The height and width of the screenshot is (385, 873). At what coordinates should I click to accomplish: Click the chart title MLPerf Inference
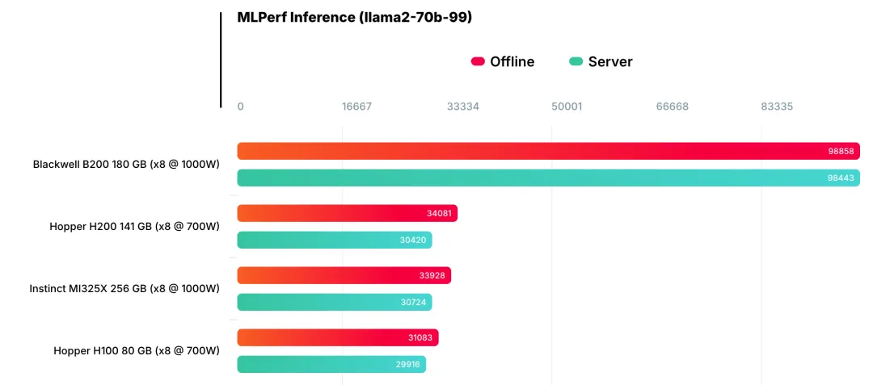click(x=354, y=17)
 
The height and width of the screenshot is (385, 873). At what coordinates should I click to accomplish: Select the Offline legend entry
click(x=503, y=62)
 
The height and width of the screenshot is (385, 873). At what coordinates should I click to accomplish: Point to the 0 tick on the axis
click(x=240, y=107)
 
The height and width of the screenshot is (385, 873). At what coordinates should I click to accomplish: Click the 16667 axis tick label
click(x=356, y=107)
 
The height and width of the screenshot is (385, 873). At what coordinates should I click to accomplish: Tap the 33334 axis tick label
click(x=462, y=107)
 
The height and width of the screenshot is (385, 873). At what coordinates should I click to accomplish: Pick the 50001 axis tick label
click(x=567, y=107)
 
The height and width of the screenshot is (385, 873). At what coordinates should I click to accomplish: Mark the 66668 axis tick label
click(x=672, y=107)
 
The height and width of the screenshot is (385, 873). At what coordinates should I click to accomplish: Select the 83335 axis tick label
click(x=777, y=107)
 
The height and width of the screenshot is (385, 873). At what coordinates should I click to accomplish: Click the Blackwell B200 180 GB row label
click(x=126, y=164)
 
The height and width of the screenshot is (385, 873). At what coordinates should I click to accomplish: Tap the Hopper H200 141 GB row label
click(x=134, y=227)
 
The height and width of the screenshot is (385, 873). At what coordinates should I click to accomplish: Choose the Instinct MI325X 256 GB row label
click(x=124, y=288)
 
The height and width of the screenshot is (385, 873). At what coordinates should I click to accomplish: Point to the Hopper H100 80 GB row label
click(x=137, y=350)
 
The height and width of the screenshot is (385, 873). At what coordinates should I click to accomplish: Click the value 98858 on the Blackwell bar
click(x=841, y=151)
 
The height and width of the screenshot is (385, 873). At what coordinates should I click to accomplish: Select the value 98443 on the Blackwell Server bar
click(x=841, y=178)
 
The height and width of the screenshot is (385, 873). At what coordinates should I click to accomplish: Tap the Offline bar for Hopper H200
click(x=347, y=213)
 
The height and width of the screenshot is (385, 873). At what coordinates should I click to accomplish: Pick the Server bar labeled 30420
click(x=334, y=240)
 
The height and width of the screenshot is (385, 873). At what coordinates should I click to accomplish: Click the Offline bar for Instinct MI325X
click(x=344, y=275)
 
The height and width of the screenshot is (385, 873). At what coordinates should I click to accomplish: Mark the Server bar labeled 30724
click(x=334, y=302)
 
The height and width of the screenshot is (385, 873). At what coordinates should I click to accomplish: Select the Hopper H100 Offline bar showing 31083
click(x=337, y=337)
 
